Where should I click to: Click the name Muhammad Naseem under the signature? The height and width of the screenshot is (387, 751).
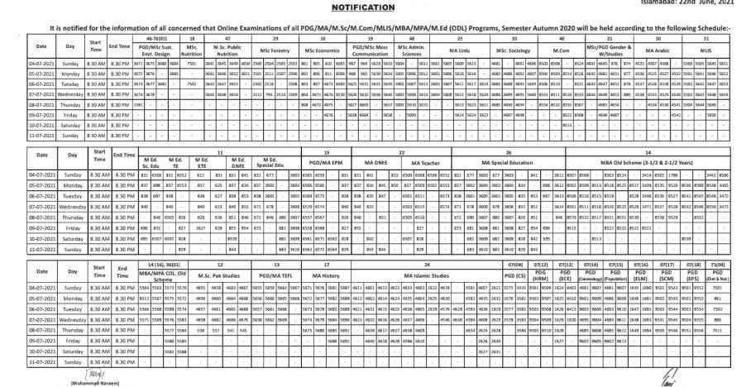point(39,383)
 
